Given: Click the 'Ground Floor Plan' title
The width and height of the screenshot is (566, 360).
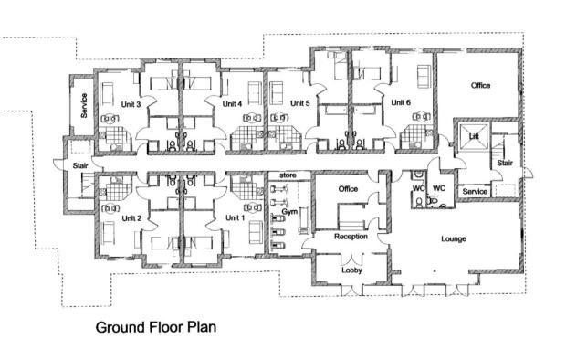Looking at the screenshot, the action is click(x=156, y=327).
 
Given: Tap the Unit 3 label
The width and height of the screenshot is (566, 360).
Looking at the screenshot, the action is click(x=131, y=104).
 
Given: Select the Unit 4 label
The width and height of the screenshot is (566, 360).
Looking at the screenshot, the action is click(x=232, y=104).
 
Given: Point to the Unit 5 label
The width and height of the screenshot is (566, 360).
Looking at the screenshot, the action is click(x=300, y=103).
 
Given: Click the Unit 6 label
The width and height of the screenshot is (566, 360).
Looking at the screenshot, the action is click(x=401, y=102).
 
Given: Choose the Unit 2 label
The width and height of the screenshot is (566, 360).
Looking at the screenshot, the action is click(x=131, y=218).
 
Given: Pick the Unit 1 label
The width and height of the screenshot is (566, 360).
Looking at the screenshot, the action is click(x=235, y=217).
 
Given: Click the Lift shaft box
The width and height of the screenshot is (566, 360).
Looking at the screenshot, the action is click(x=474, y=137).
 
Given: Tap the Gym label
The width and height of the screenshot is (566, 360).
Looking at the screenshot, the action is click(x=289, y=212).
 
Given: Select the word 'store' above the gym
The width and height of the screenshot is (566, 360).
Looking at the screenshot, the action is click(x=288, y=175).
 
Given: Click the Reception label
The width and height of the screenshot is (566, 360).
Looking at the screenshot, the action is click(x=351, y=237).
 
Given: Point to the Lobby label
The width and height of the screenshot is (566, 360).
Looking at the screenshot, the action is click(x=351, y=270).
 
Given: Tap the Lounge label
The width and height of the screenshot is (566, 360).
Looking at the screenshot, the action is click(x=454, y=238).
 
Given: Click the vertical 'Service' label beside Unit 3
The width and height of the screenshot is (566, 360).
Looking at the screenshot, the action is click(x=84, y=105).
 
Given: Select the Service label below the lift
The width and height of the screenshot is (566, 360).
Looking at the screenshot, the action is click(x=475, y=192).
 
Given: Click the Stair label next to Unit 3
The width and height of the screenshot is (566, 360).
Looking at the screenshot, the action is click(x=80, y=166).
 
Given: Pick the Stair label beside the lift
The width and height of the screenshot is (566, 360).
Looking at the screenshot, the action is click(x=505, y=163).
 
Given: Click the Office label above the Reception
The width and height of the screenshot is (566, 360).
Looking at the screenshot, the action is click(x=348, y=189).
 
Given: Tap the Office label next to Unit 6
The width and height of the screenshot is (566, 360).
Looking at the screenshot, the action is click(x=480, y=86).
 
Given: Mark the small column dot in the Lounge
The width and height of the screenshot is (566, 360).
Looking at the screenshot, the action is click(x=435, y=270).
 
